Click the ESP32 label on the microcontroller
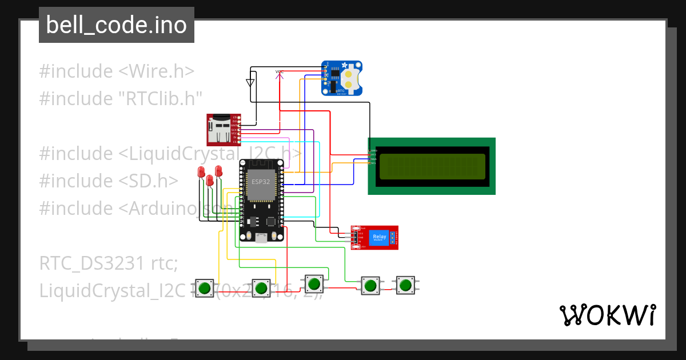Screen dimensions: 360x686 click(x=261, y=182)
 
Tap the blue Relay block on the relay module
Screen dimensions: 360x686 click(x=378, y=237)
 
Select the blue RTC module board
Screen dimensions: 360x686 click(x=342, y=78)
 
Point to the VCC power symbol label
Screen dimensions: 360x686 click(x=280, y=72)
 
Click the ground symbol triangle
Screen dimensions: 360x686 click(x=250, y=82)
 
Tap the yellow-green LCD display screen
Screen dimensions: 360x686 click(x=432, y=166)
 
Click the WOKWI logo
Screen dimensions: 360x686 click(x=607, y=315)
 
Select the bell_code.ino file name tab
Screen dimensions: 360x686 click(x=117, y=25)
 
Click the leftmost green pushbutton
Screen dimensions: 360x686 click(x=204, y=287)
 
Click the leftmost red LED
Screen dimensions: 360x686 click(x=201, y=172)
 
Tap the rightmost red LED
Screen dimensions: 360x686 click(x=218, y=170)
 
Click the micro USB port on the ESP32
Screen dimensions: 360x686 click(x=261, y=238)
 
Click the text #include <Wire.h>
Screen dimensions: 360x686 click(x=117, y=71)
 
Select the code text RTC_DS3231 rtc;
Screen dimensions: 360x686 click(x=109, y=263)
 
